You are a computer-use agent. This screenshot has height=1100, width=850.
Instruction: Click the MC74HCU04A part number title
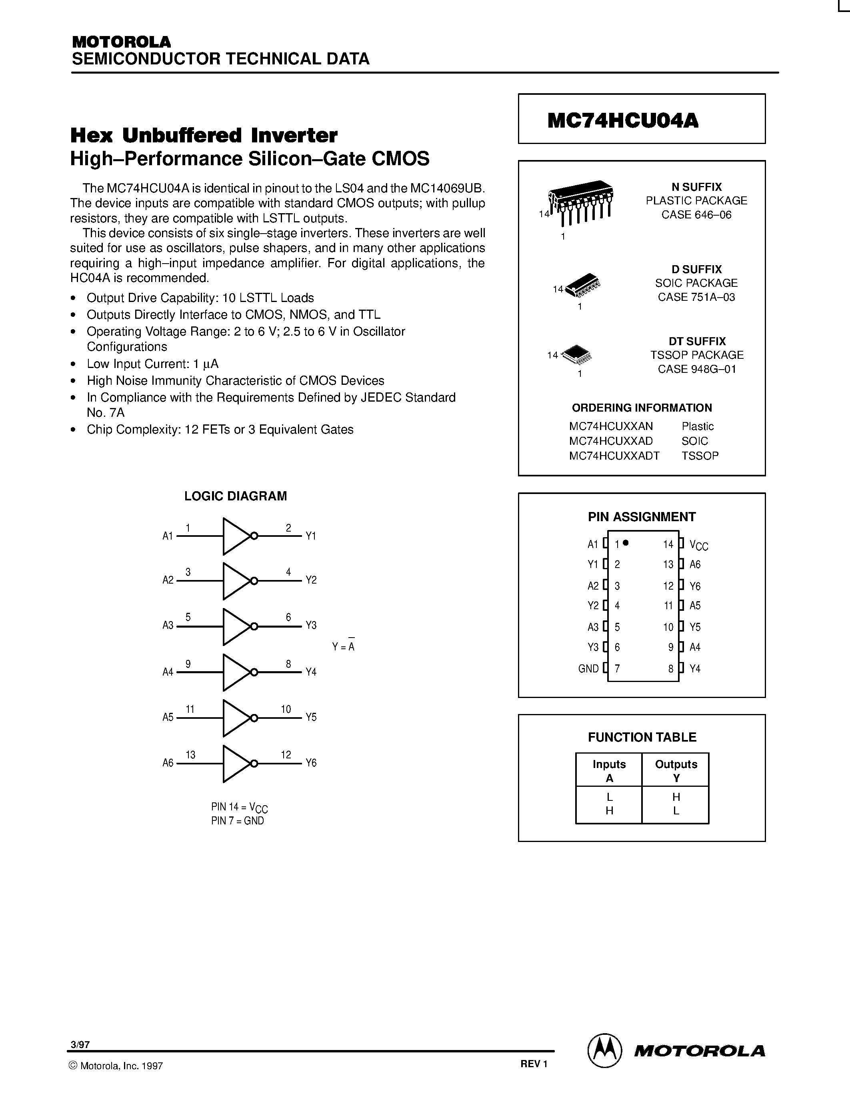click(623, 120)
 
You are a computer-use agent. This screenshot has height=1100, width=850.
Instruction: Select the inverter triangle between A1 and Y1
click(236, 536)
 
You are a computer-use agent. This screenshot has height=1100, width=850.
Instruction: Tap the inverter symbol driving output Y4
click(236, 672)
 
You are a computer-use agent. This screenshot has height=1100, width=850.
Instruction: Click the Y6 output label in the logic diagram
click(311, 763)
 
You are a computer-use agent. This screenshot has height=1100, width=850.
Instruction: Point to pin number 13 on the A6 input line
click(190, 754)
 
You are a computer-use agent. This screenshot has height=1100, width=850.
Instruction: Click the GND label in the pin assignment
click(588, 669)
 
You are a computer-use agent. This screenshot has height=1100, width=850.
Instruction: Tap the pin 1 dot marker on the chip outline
click(626, 542)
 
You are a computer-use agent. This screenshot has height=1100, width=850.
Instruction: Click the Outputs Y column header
click(676, 771)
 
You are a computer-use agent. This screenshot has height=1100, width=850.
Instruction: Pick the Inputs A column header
click(609, 771)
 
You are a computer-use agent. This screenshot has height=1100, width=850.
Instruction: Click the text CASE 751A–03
click(696, 297)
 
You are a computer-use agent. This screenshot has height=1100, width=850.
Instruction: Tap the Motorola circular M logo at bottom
click(604, 1052)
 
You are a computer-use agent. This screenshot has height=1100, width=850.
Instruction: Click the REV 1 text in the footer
click(534, 1064)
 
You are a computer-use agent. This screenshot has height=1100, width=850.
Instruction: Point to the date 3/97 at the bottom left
click(80, 1045)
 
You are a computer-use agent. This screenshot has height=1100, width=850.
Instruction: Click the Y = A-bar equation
click(344, 646)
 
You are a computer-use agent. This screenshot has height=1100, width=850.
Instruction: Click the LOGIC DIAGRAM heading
click(235, 496)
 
